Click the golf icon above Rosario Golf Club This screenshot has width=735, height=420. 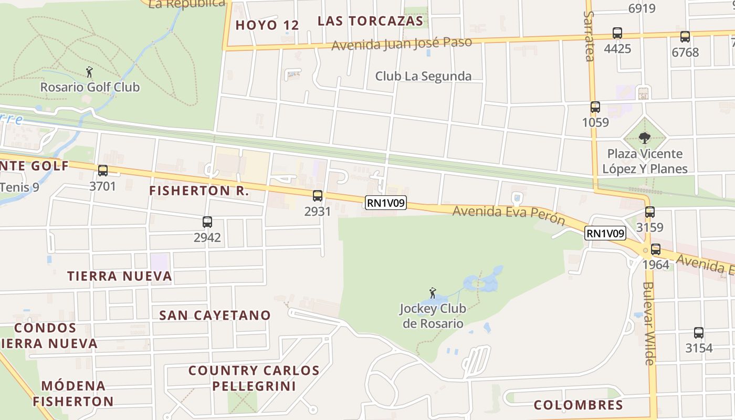pos(89,72)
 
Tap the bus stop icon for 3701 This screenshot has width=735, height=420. pos(103,171)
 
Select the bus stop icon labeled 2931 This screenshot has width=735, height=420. pos(318,196)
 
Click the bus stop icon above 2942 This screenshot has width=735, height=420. pos(207,222)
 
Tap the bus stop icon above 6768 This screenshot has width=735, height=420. pos(685,37)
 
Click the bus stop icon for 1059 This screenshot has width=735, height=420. pos(595,107)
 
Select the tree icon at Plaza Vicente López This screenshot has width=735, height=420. pos(645,138)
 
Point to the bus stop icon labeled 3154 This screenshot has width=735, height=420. pos(699,333)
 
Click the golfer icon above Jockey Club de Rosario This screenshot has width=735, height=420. pos(433,293)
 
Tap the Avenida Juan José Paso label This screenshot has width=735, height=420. pos(402,43)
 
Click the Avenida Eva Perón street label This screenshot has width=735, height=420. pos(509,214)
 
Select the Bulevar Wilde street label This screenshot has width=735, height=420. pos(649,323)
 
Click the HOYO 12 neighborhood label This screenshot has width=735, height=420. pos(267,25)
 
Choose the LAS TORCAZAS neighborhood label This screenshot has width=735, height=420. pos(370,21)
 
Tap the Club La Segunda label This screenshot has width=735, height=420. pos(423,76)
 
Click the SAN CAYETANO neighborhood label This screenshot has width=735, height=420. pos(215,316)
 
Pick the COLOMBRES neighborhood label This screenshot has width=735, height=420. pos(578,405)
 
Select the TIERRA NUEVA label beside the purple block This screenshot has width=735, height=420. pos(120,276)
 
